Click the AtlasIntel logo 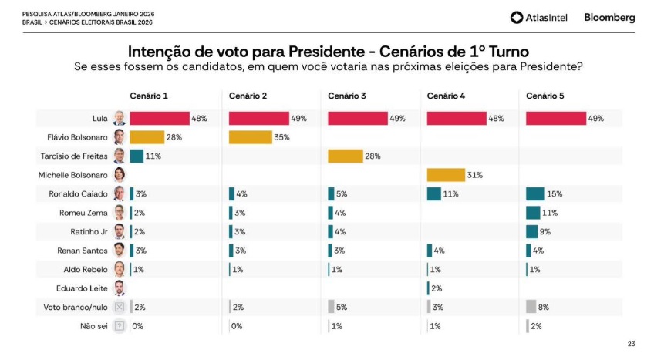pyautogui.click(x=539, y=17)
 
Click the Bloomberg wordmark pyautogui.click(x=609, y=17)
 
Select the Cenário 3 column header pyautogui.click(x=346, y=96)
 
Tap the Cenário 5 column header pyautogui.click(x=544, y=96)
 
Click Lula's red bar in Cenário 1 pyautogui.click(x=159, y=118)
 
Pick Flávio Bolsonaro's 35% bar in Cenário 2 pyautogui.click(x=251, y=137)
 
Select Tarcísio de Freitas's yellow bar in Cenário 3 pyautogui.click(x=346, y=156)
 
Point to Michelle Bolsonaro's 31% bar pyautogui.click(x=446, y=175)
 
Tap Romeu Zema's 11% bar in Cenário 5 pyautogui.click(x=532, y=212)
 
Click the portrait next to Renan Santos pyautogui.click(x=120, y=250)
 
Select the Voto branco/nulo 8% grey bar pyautogui.click(x=531, y=306)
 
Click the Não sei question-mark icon pyautogui.click(x=120, y=325)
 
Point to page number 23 pyautogui.click(x=632, y=345)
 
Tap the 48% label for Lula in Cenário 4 pyautogui.click(x=496, y=119)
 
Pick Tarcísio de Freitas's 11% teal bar pyautogui.click(x=137, y=156)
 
